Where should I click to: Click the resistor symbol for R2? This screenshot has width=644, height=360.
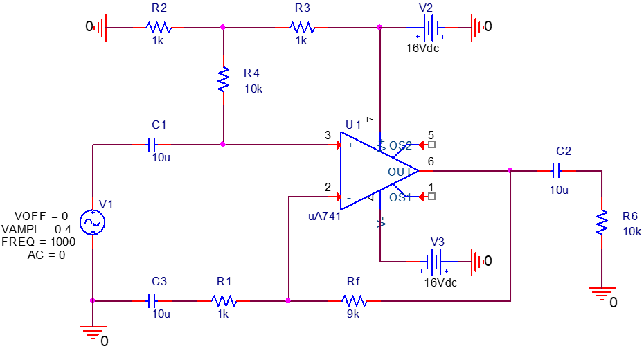coord(158,28)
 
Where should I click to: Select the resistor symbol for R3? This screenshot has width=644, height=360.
coord(302,28)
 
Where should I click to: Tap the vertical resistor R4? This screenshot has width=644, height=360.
coord(223,80)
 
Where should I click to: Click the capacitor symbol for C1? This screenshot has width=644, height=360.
coord(153,145)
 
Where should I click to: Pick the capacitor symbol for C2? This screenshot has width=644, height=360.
coord(557,170)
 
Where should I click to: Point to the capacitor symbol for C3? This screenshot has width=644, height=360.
coord(153,300)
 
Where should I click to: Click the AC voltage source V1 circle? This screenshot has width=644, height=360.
coord(92,223)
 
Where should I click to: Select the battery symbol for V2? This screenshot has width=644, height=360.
coord(431,28)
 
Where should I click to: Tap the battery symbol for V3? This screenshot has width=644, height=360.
coord(435,262)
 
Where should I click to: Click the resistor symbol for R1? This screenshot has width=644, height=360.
coord(224,300)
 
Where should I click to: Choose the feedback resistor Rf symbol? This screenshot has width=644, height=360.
coord(355,300)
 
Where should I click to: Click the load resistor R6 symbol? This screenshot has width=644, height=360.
coord(602,223)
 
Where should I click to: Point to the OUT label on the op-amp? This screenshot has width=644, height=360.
coord(400,172)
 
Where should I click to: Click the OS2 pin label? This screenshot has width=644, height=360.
coord(400,146)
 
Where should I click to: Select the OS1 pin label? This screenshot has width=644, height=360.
coord(400,197)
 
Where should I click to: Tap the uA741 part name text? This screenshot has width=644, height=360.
coord(324,216)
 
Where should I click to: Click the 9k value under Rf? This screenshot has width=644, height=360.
coord(353,314)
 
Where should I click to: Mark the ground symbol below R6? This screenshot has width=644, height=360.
coord(602,293)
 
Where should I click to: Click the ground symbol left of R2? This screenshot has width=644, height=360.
coord(101,28)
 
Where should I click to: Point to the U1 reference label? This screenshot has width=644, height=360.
coord(353,125)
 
